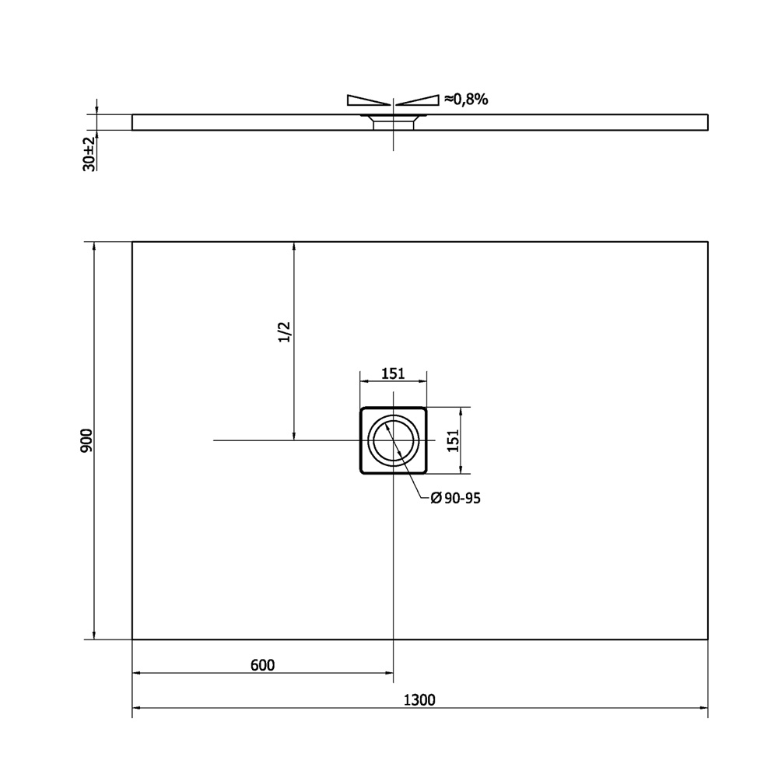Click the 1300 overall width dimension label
click(x=419, y=699)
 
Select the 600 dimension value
click(x=262, y=665)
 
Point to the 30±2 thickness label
click(x=89, y=153)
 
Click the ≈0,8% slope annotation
click(x=466, y=100)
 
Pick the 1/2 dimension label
click(x=284, y=332)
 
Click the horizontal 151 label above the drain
click(x=393, y=373)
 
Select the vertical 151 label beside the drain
click(x=453, y=440)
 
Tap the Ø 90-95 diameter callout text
click(x=455, y=498)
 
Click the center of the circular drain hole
click(x=394, y=440)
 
